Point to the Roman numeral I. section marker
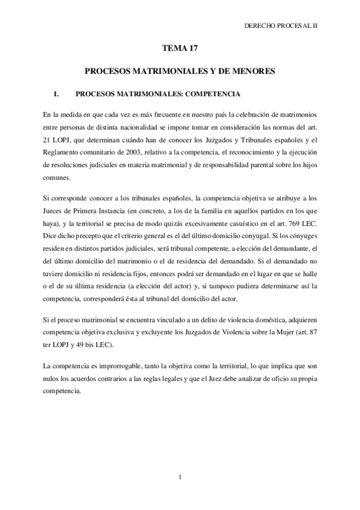tap(58, 94)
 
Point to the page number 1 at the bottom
tap(180, 478)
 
